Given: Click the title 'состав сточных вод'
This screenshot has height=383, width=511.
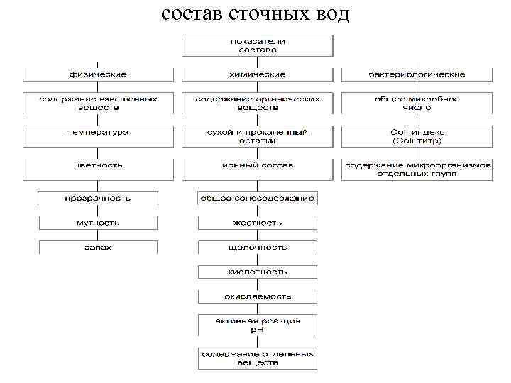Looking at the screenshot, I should point(255,13).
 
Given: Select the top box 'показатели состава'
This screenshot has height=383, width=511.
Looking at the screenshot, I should point(258,45).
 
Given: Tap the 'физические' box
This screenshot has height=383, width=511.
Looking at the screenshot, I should point(98,74).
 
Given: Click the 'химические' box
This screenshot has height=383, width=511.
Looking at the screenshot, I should point(258,74).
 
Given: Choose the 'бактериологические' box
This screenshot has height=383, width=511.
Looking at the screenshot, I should point(417,74).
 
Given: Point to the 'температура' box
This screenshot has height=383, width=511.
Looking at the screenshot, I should point(98,133).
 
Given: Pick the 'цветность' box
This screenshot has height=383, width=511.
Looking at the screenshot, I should point(98,165).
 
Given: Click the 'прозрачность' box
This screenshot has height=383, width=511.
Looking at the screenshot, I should point(98,199).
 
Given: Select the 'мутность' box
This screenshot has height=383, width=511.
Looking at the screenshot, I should point(98,223).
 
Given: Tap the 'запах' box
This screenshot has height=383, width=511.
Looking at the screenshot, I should point(98,247).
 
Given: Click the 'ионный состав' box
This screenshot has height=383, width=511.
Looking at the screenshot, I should point(258,165).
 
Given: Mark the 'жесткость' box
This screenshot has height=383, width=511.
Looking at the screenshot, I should point(258,223).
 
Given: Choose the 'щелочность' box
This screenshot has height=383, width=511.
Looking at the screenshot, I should point(258,247).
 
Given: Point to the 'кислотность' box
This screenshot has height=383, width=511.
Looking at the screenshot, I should point(258,272).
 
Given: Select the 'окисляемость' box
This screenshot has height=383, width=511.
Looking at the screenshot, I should point(258,296).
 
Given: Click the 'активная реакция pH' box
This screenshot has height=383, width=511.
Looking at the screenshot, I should point(258,325).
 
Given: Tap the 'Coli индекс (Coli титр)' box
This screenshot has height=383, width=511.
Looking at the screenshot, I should point(417,136).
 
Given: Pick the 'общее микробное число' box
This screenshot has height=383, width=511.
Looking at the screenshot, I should point(417,104).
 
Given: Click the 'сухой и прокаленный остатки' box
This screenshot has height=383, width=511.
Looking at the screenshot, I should point(258,136).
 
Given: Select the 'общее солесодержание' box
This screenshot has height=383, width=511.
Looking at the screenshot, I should point(258,199).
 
